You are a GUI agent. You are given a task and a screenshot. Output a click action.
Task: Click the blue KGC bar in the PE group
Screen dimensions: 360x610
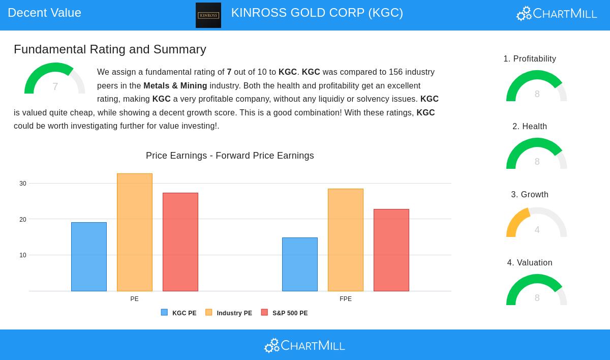click(x=89, y=257)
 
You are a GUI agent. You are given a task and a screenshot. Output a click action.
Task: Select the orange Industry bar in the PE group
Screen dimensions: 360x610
click(x=135, y=232)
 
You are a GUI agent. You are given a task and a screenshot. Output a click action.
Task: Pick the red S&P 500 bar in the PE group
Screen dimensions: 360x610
click(x=180, y=242)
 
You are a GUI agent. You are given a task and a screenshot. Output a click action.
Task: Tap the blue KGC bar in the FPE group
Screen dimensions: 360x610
click(x=300, y=264)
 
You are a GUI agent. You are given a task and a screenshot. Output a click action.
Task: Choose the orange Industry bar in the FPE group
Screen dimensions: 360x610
click(x=346, y=240)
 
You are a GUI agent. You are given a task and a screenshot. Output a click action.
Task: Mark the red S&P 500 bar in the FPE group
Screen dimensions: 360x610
click(x=391, y=250)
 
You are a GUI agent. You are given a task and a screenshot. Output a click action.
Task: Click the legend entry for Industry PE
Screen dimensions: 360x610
click(x=229, y=313)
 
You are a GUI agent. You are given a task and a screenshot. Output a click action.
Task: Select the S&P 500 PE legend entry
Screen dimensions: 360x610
click(x=284, y=313)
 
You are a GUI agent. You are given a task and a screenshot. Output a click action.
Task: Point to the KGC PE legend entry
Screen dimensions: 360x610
click(x=178, y=313)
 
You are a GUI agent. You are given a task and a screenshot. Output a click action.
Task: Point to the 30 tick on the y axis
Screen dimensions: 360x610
click(x=23, y=184)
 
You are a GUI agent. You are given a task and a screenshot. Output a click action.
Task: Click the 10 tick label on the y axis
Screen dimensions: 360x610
click(x=23, y=255)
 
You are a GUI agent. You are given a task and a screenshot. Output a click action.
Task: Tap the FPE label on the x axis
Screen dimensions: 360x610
click(x=346, y=299)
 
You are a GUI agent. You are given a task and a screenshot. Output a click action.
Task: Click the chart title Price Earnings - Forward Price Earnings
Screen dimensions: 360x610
click(x=230, y=156)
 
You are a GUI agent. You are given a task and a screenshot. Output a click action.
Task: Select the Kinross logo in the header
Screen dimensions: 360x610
click(x=208, y=15)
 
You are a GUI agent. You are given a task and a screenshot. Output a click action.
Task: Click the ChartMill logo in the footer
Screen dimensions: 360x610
click(x=304, y=346)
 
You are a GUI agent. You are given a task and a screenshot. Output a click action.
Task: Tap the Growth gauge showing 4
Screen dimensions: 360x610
click(x=537, y=224)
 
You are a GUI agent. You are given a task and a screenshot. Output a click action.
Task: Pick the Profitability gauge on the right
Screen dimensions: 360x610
click(x=537, y=87)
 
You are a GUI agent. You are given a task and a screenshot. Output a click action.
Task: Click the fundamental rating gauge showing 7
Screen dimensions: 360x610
click(x=55, y=80)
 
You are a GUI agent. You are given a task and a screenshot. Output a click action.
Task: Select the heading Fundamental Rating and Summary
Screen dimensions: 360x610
click(x=110, y=49)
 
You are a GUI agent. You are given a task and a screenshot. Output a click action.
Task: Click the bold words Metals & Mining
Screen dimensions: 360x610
click(x=175, y=86)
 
